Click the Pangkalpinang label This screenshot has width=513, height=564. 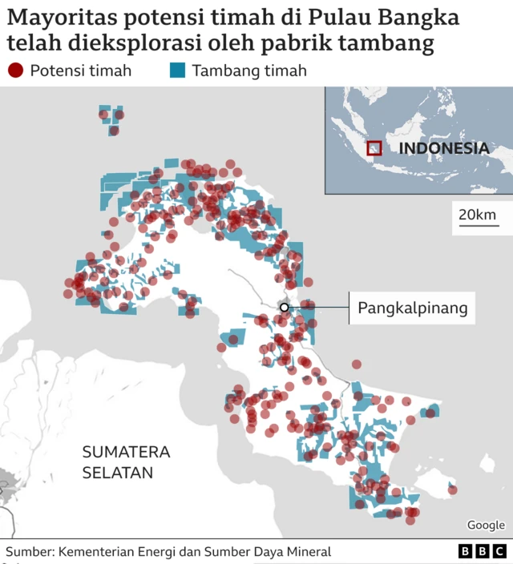pyautogui.click(x=412, y=308)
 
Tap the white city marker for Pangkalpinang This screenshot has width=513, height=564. pyautogui.click(x=284, y=307)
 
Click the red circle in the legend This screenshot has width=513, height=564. pyautogui.click(x=15, y=70)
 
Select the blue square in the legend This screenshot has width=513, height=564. pyautogui.click(x=178, y=70)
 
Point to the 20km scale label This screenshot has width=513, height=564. pyautogui.click(x=477, y=215)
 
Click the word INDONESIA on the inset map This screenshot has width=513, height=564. pyautogui.click(x=443, y=148)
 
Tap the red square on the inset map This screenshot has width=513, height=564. pyautogui.click(x=374, y=148)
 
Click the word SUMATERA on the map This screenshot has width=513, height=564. pyautogui.click(x=126, y=452)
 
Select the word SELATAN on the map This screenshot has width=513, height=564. pyautogui.click(x=117, y=473)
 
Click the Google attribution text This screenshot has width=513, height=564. pyautogui.click(x=486, y=526)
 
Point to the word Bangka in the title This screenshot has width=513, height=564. pyautogui.click(x=421, y=18)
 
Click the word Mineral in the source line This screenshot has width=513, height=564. pyautogui.click(x=306, y=552)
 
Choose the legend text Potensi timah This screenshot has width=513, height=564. pyautogui.click(x=80, y=70)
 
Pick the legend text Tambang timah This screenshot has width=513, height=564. pyautogui.click(x=249, y=70)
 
